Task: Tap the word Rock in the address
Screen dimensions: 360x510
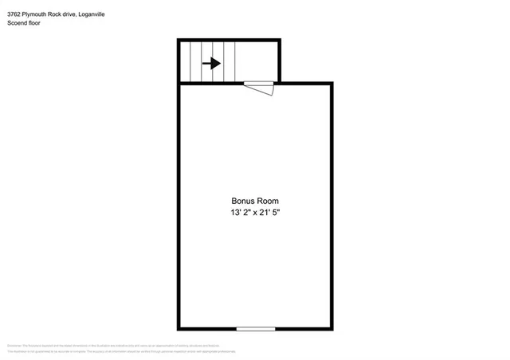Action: click(x=61, y=14)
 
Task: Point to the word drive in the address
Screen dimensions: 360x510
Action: click(x=78, y=14)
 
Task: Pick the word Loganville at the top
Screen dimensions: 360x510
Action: click(x=105, y=14)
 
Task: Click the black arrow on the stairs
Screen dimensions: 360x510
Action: click(x=211, y=63)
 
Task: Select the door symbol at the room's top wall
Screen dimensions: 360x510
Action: click(x=259, y=87)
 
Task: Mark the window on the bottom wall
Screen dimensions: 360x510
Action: click(x=255, y=328)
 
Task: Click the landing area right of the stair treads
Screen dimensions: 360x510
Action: click(x=258, y=61)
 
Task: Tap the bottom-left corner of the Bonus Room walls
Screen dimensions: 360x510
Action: click(x=179, y=327)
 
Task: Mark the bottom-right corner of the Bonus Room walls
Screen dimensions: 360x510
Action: click(x=331, y=327)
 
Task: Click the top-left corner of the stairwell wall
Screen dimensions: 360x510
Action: click(x=179, y=40)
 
